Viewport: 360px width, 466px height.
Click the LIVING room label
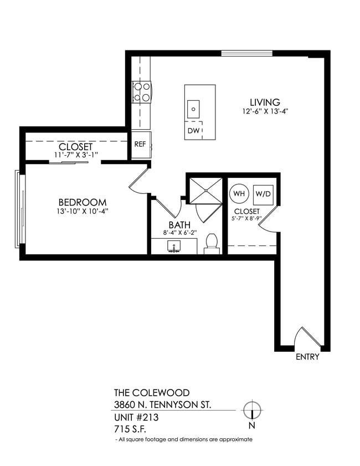(x=265, y=102)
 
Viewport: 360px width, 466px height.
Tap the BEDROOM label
(x=83, y=202)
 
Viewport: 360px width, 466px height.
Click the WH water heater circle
(x=239, y=194)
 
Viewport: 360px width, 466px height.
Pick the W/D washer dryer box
(x=263, y=194)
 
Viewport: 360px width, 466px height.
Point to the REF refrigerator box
(x=140, y=144)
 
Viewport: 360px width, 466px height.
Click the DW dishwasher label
(x=193, y=131)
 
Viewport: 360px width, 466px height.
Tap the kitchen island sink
(x=193, y=108)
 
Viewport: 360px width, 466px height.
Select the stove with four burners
(x=141, y=92)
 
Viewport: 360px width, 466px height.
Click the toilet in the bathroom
(x=212, y=243)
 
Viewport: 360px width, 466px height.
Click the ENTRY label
(x=307, y=357)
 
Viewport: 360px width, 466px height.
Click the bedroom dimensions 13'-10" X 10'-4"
(x=83, y=211)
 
